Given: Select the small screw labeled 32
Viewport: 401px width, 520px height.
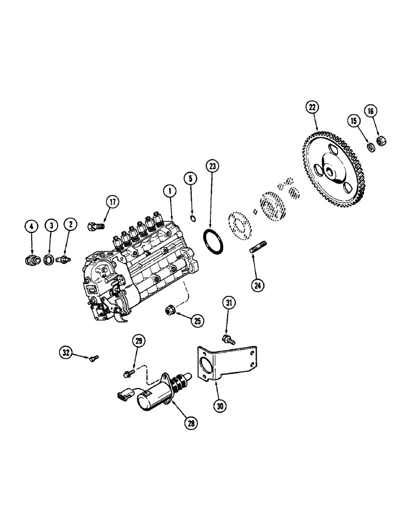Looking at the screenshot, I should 95,358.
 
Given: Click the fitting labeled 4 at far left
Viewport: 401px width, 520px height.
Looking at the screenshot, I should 33,258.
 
